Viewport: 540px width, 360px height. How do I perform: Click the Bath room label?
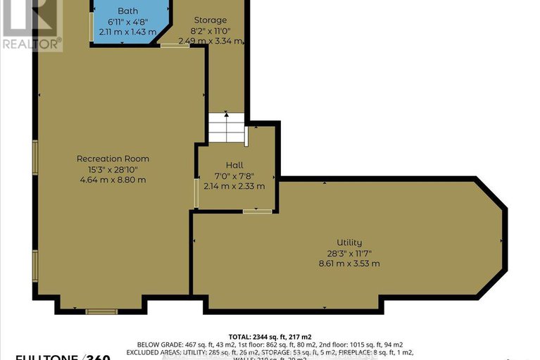[x=128, y=11]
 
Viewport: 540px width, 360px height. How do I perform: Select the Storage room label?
[x=209, y=20]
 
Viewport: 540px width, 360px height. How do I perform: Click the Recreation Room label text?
[x=113, y=159]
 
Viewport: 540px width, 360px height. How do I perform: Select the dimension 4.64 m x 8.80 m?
[x=113, y=180]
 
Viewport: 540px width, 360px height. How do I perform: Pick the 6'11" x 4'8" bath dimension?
[x=127, y=22]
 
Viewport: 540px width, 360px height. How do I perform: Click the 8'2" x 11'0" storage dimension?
[x=209, y=31]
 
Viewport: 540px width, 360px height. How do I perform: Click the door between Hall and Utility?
[x=257, y=211]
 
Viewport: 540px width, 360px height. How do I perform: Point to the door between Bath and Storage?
[x=169, y=46]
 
